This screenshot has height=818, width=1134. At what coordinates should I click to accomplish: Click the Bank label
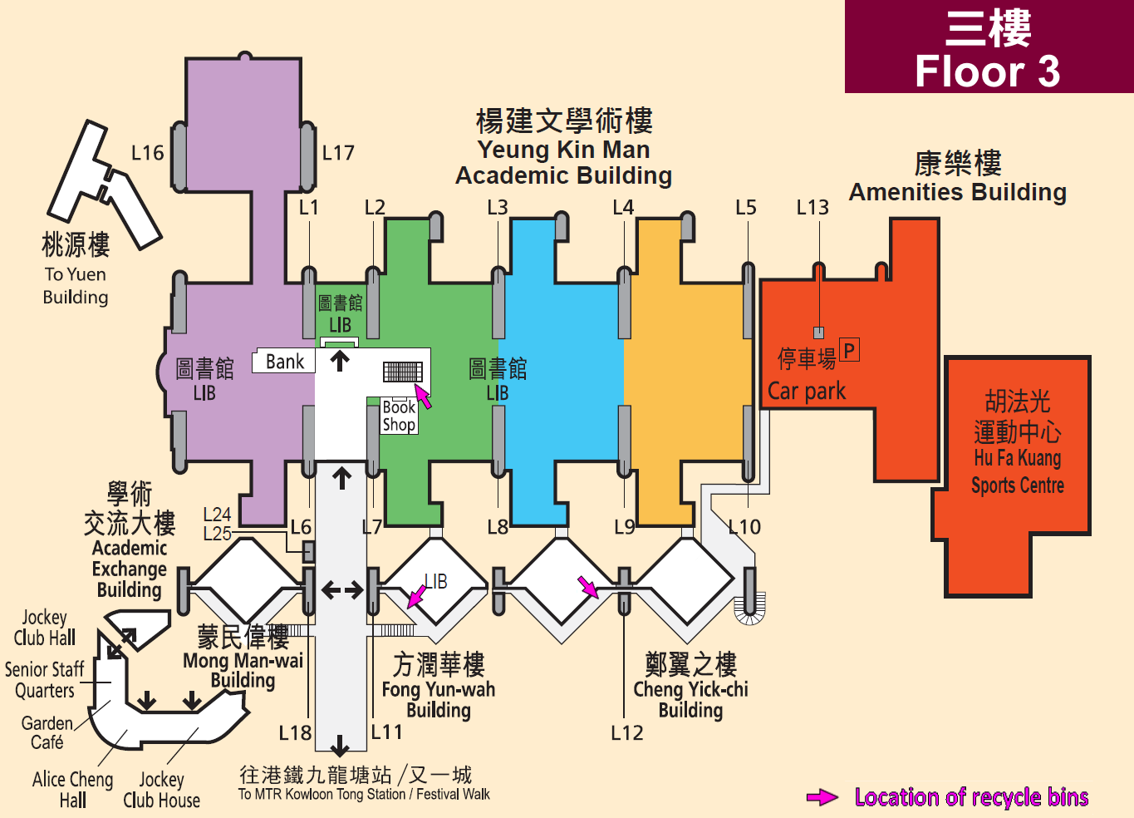[285, 362]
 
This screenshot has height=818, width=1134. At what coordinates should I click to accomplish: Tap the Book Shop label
[399, 416]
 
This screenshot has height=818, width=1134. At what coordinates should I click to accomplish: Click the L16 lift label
[147, 153]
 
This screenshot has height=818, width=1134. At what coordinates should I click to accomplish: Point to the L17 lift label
[338, 153]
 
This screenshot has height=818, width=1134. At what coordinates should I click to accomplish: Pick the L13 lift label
[812, 207]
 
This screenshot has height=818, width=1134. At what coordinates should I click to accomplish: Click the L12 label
[626, 733]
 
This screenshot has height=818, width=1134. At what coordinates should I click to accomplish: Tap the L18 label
[295, 733]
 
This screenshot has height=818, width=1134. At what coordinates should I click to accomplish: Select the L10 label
[744, 527]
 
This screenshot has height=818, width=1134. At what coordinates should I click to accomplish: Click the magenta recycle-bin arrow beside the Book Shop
[423, 396]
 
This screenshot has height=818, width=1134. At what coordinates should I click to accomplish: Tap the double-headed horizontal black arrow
[342, 589]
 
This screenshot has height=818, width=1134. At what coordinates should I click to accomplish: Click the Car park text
[807, 391]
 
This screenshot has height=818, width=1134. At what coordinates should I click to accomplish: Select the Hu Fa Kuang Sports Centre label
[1018, 471]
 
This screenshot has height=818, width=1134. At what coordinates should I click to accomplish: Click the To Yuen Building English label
[76, 286]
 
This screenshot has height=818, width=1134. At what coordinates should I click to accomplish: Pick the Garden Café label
[47, 733]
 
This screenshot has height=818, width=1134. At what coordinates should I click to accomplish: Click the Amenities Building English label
[958, 192]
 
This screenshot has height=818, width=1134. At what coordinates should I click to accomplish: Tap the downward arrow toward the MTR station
[339, 746]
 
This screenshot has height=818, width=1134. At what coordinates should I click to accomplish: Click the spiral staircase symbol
[749, 609]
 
